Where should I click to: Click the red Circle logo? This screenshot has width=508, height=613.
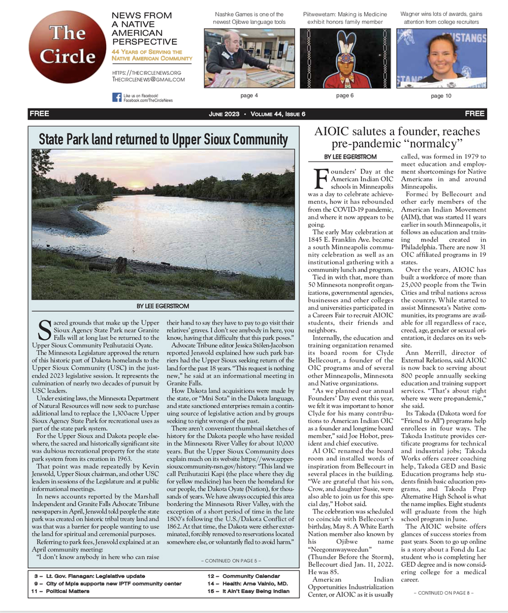68,47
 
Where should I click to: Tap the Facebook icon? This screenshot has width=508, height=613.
117,97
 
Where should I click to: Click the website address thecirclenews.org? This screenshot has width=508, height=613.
147,72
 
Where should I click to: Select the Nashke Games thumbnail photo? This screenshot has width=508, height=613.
249,58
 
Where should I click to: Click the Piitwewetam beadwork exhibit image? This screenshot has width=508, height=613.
345,58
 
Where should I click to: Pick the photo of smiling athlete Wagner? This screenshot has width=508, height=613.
442,58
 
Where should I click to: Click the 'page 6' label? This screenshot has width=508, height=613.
345,96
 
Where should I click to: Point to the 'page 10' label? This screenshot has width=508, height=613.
441,96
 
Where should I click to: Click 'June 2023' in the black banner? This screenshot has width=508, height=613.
224,114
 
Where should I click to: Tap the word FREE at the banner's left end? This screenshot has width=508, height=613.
39,114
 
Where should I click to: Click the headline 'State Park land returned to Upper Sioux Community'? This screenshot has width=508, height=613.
163,139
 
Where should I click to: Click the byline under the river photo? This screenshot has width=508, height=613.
163,306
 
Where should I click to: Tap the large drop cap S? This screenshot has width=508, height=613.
45,330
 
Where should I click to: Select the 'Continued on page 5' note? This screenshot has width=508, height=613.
231,561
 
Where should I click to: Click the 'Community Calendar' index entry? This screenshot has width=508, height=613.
251,576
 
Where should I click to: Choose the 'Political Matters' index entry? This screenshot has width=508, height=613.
68,591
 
